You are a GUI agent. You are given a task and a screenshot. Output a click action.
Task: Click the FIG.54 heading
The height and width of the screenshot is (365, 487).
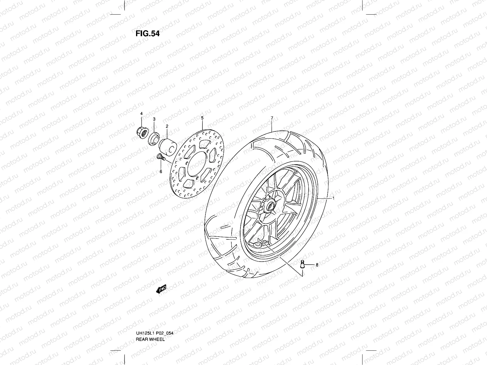point(147,33)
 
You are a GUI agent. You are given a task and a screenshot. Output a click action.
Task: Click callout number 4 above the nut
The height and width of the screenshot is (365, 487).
point(141,113)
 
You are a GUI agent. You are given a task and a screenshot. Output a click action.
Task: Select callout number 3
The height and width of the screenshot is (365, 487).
point(154,119)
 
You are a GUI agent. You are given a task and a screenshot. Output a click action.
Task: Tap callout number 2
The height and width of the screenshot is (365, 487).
point(167,126)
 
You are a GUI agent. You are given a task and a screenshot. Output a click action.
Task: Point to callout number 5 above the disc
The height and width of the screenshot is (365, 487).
point(202,117)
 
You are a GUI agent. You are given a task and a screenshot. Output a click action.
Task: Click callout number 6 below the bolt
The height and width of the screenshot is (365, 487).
point(161,172)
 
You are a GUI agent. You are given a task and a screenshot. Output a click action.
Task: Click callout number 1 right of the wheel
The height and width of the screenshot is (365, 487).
point(334,198)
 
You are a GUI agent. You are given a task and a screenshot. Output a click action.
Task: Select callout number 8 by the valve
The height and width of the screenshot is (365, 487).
point(317,265)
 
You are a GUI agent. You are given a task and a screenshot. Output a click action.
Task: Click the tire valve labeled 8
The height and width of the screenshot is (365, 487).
point(303,264)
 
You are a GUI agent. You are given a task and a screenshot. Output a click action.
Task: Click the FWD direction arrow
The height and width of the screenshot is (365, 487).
point(161,289)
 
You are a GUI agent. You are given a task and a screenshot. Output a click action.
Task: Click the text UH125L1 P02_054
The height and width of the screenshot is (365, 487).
point(155,325)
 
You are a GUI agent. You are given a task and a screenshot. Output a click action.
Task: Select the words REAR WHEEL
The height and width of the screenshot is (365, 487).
point(150,331)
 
